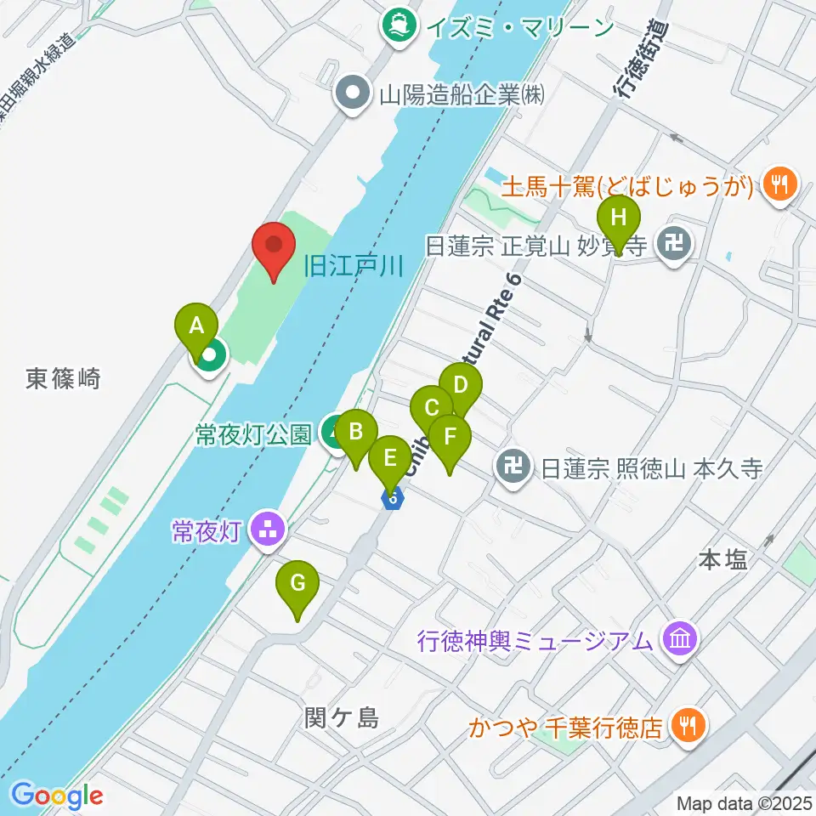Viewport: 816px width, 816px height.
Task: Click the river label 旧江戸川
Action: (x=352, y=267)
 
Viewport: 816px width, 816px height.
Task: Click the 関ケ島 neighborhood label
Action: (x=341, y=719)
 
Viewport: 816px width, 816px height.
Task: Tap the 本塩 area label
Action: (x=722, y=559)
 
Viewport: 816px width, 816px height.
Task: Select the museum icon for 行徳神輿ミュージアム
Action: (x=680, y=639)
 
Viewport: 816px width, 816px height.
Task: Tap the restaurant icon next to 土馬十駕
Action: (x=778, y=183)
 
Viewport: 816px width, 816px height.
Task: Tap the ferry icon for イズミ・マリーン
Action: (x=397, y=26)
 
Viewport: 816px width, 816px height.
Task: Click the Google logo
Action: (x=57, y=796)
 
